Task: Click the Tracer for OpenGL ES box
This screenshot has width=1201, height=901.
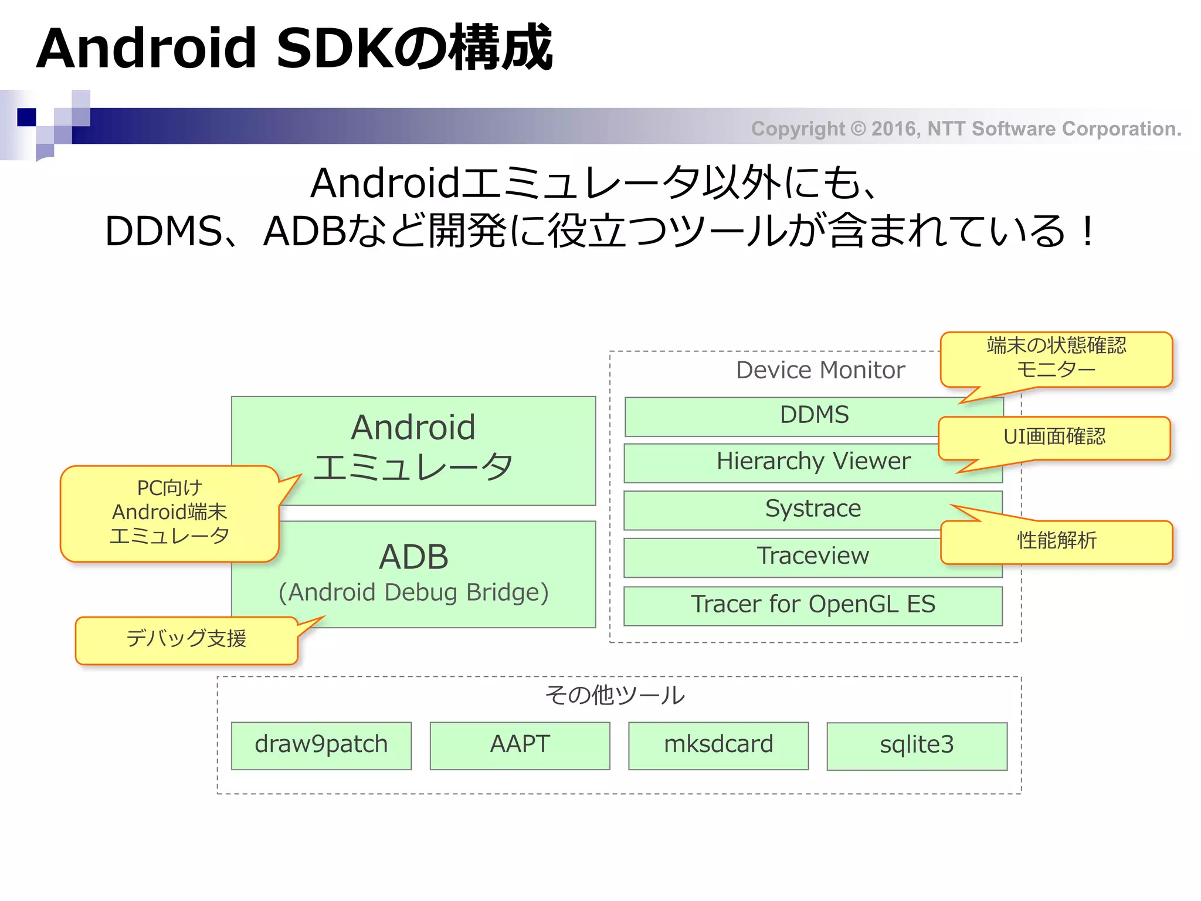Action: (x=813, y=605)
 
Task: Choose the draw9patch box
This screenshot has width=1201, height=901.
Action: (x=321, y=745)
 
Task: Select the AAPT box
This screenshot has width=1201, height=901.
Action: (x=520, y=745)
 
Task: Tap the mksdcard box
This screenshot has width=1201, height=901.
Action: (x=718, y=745)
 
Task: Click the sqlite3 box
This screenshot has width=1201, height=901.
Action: (x=917, y=746)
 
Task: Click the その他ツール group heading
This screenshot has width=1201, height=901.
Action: (x=615, y=696)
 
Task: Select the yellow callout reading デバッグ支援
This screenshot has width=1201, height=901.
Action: (x=186, y=639)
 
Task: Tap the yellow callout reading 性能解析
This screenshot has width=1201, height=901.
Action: (x=1056, y=541)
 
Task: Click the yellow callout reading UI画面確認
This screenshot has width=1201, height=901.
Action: (x=1054, y=438)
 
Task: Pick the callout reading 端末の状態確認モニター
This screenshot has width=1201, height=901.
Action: (x=1056, y=358)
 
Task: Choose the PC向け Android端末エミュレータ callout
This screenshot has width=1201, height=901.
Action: (x=169, y=513)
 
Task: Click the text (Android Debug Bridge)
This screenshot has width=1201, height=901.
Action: (x=413, y=593)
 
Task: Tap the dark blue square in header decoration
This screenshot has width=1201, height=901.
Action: (x=26, y=117)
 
